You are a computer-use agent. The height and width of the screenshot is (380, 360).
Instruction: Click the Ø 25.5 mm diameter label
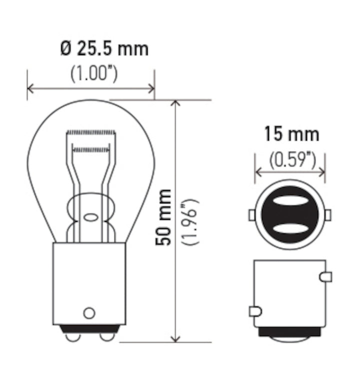104,49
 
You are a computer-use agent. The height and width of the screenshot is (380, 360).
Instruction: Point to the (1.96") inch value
191,221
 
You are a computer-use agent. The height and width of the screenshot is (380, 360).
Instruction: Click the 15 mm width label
291,134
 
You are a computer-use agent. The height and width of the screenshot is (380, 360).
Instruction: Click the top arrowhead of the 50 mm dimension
175,104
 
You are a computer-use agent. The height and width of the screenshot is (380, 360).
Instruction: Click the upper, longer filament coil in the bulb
91,132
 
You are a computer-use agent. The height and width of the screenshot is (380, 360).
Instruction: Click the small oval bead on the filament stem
90,217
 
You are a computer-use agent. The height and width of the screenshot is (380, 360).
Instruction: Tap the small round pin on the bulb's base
89,313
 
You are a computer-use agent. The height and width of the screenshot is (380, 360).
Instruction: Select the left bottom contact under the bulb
73,337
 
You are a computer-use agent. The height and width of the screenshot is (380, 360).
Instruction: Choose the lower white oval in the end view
290,228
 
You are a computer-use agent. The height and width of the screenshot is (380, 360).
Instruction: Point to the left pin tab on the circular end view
252,215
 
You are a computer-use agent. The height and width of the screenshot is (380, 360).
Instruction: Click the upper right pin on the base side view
325,276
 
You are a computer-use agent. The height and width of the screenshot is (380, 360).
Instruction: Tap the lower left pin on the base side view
255,311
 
